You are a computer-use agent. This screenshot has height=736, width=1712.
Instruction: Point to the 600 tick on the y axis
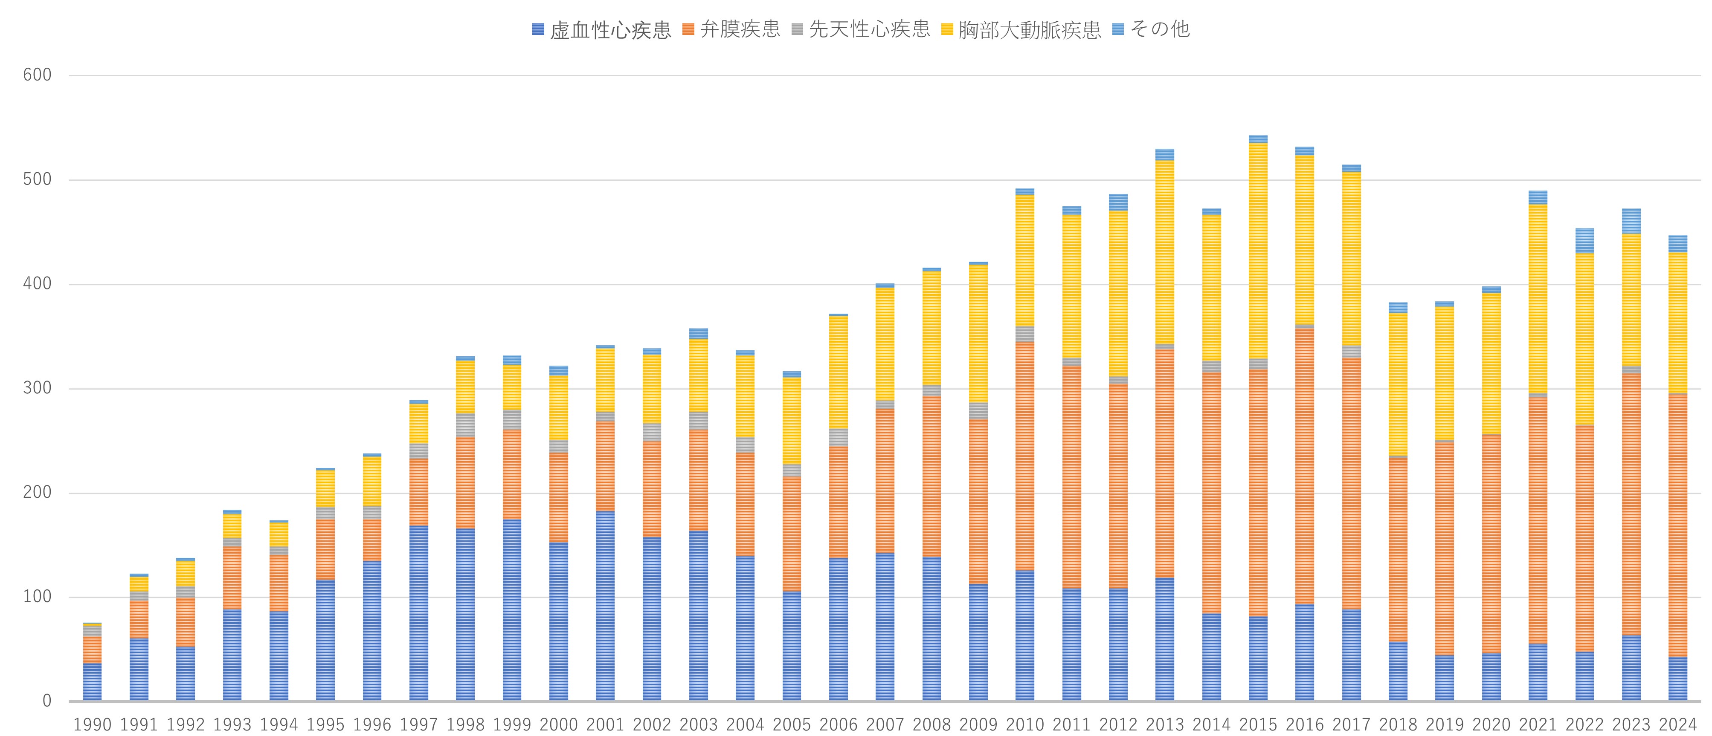(37, 75)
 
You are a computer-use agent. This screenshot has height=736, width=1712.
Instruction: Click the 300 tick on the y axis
(37, 389)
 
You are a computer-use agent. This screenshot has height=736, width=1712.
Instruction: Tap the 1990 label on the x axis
(92, 724)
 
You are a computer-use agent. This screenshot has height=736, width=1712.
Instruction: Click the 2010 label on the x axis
(1025, 724)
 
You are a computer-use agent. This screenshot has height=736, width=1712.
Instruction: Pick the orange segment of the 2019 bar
(1444, 548)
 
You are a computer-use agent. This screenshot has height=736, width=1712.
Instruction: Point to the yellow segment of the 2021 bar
(1538, 299)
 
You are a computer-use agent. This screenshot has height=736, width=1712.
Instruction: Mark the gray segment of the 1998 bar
(465, 425)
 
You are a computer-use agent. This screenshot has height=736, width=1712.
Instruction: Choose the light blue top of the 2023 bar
(1631, 221)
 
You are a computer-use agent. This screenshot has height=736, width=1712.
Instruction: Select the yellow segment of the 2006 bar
(838, 372)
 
